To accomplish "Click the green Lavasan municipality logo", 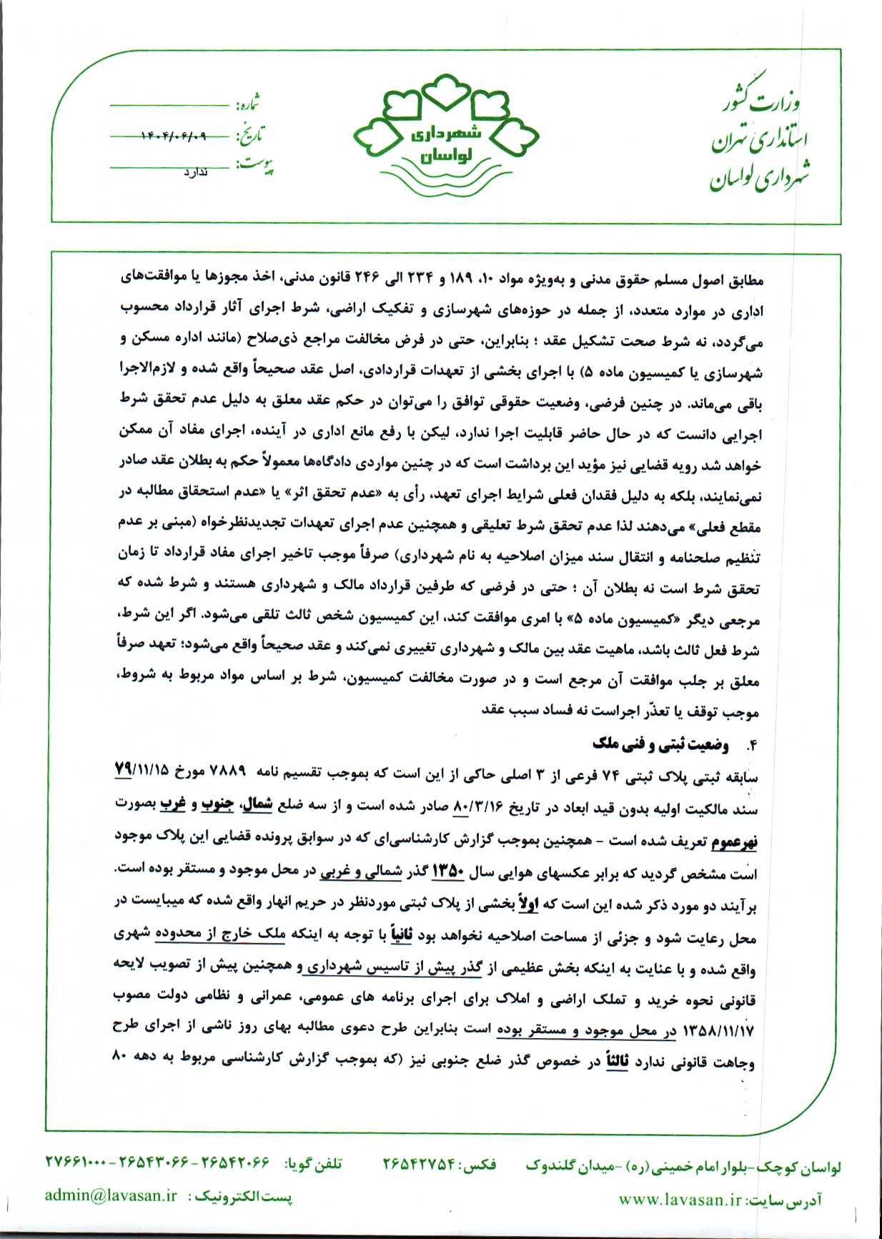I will (447, 136).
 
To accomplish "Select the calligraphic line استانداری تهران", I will (759, 139).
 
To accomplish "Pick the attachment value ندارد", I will (195, 172).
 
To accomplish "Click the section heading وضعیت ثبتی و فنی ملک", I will (660, 744).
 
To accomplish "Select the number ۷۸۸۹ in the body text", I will (229, 772).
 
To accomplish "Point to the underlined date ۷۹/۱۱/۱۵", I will (142, 771).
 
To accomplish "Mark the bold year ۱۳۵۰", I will (449, 872).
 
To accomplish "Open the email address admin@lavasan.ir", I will (111, 1195).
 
